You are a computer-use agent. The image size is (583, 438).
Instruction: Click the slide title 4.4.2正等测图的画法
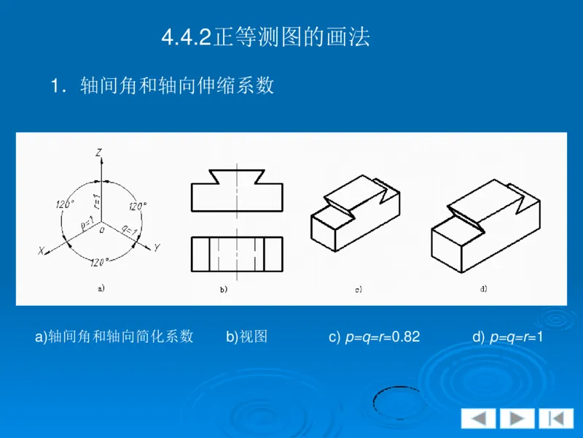[x=266, y=37]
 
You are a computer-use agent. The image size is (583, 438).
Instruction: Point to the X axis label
[x=42, y=250]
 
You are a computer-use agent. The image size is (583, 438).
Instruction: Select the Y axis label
[x=156, y=248]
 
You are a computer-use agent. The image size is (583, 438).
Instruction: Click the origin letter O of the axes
[x=102, y=228]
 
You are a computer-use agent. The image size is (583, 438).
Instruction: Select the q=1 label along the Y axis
[x=126, y=228]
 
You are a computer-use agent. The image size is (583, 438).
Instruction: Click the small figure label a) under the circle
[x=101, y=288]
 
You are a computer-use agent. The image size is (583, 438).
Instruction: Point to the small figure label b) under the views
[x=224, y=290]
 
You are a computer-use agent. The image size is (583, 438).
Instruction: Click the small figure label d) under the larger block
[x=483, y=289]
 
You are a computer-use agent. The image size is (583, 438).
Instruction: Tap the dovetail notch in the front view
[x=235, y=176]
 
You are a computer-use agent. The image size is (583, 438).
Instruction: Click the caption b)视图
[x=246, y=337]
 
